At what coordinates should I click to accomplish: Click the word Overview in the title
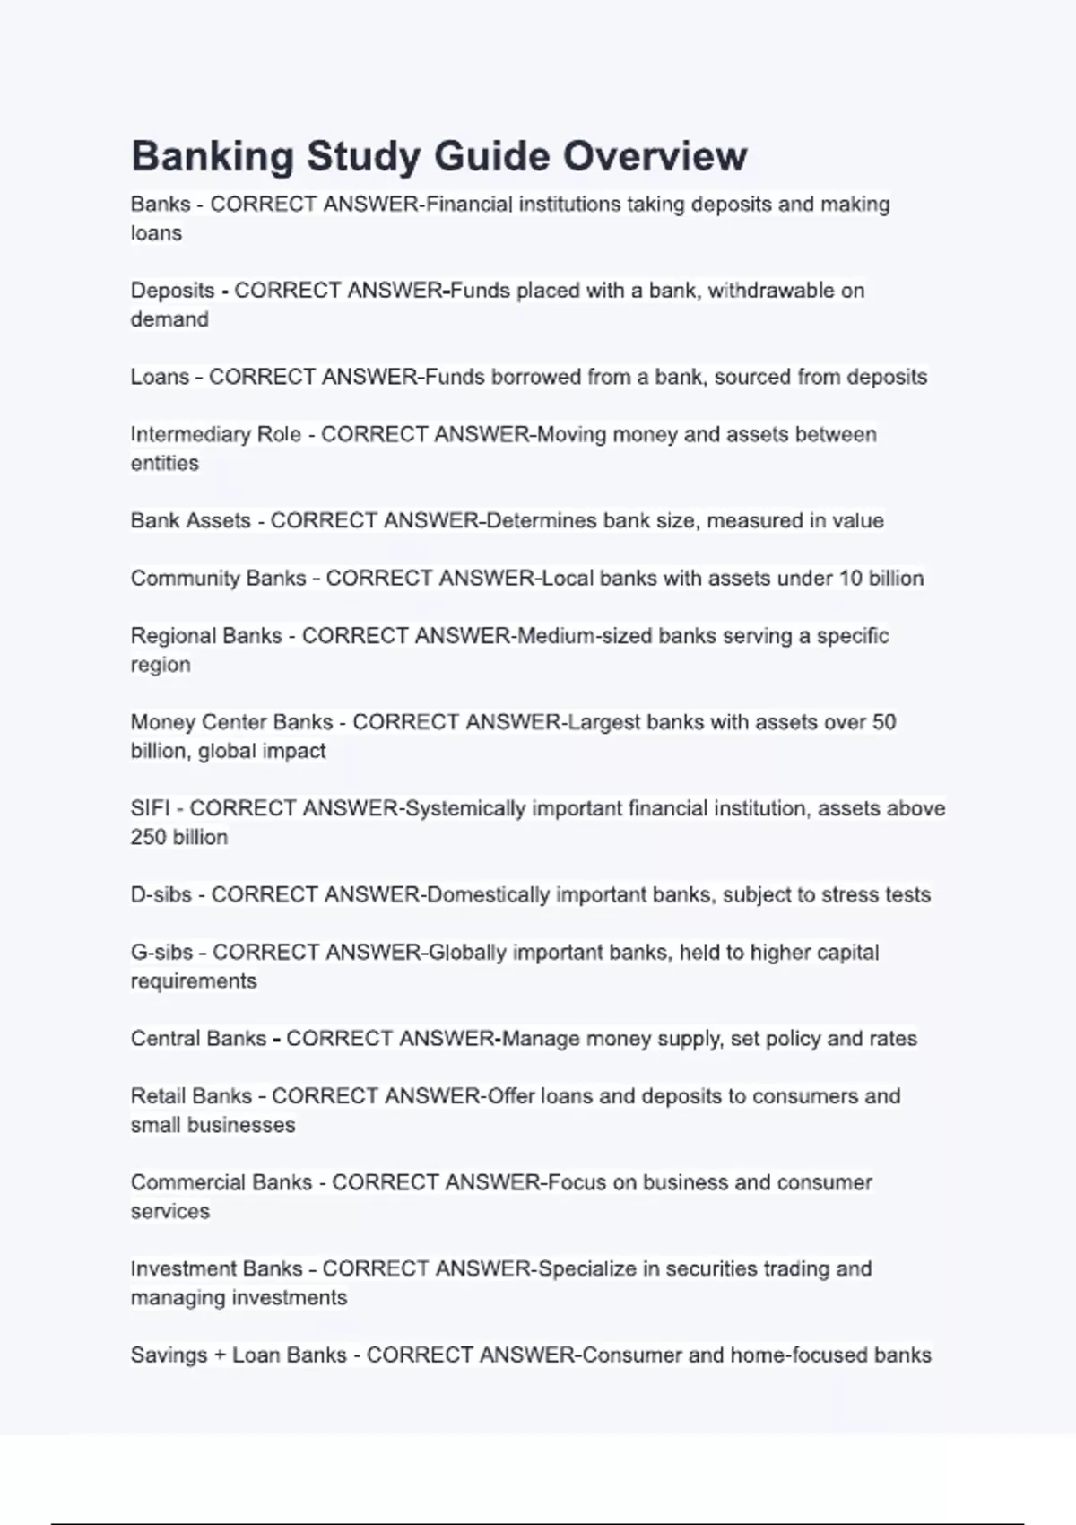tap(655, 156)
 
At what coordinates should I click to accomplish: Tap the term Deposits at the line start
tap(172, 291)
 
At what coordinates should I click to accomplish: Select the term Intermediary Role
tap(215, 434)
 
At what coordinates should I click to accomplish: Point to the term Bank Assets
tap(190, 520)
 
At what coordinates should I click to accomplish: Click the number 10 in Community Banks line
tap(850, 578)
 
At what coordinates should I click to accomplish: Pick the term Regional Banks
tap(206, 636)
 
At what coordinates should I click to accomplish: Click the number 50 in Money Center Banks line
tap(883, 722)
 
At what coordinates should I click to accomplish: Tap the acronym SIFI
tap(150, 808)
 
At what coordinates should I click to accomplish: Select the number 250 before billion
tap(149, 837)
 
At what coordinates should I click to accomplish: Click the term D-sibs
tap(161, 894)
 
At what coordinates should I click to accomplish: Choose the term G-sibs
tap(161, 952)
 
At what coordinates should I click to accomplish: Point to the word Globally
tap(467, 952)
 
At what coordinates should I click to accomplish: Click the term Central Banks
tap(198, 1038)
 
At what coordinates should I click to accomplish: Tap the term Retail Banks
tap(191, 1096)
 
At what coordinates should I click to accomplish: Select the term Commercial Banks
tap(221, 1182)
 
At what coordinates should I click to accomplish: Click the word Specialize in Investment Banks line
tap(586, 1268)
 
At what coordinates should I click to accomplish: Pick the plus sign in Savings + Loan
tap(220, 1355)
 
